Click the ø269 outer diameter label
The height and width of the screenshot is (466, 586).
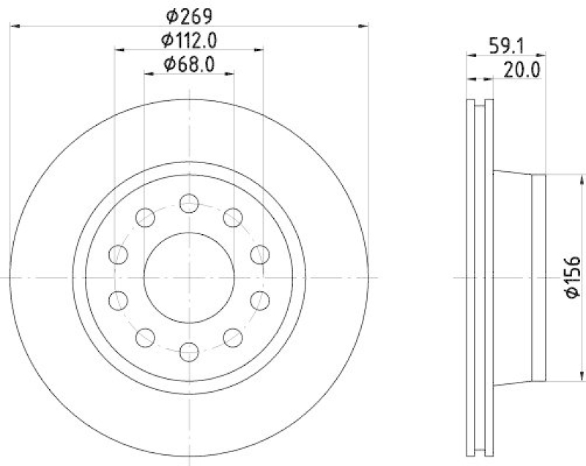[190, 13]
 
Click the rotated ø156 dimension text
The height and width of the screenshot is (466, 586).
[573, 277]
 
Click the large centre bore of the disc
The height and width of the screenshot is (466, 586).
[189, 277]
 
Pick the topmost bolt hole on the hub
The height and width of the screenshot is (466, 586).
[189, 203]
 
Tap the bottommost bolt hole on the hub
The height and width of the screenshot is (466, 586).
[189, 352]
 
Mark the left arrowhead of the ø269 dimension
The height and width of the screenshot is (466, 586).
[15, 26]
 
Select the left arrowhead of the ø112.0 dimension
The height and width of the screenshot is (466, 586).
[119, 50]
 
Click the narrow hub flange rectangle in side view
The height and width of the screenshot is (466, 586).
[538, 277]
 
